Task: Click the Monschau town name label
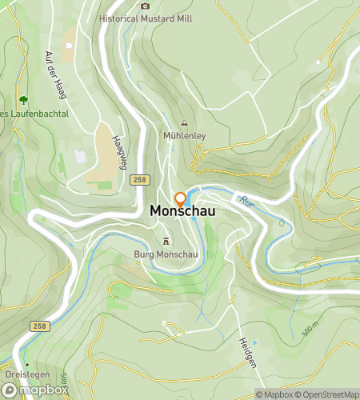point(182,213)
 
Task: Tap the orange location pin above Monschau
point(181,199)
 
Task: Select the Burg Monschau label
point(166,255)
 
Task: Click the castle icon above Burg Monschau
point(166,241)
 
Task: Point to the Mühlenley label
point(184,136)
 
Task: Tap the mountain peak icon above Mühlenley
point(184,122)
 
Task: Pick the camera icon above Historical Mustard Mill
point(145,5)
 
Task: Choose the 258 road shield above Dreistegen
point(39,326)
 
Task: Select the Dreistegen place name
point(26,376)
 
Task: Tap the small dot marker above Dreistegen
point(26,364)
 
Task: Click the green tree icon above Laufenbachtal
point(23,101)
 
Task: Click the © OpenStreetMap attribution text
point(328,394)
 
